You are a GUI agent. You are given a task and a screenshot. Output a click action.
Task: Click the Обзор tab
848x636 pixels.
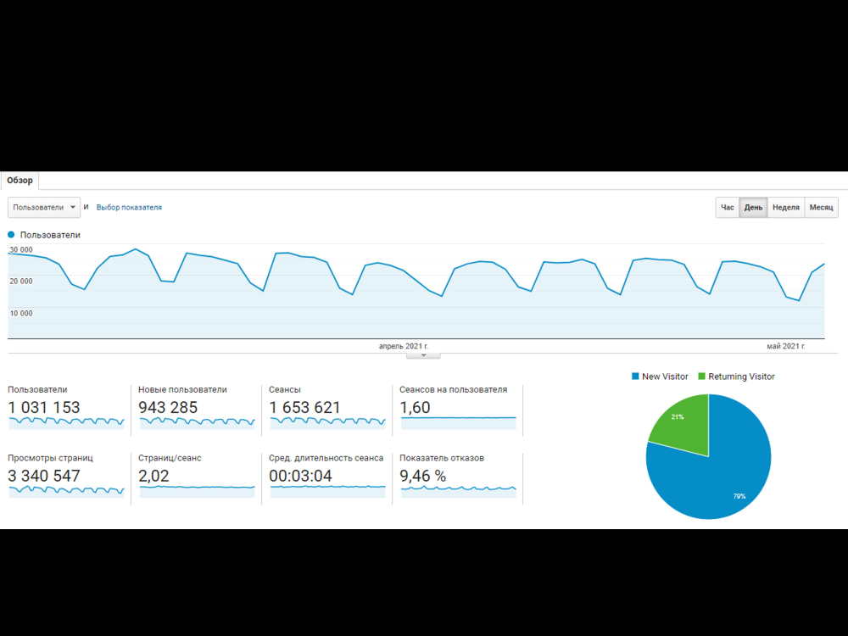pos(20,181)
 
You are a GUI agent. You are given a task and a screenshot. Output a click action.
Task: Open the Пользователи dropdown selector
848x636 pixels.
pos(44,207)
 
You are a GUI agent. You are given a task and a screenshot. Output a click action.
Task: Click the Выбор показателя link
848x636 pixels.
pos(129,207)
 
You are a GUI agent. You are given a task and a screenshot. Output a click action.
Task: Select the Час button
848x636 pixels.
pos(728,207)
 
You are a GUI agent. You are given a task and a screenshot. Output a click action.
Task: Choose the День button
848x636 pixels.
pos(753,207)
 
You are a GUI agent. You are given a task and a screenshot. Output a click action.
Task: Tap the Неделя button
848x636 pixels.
pos(786,207)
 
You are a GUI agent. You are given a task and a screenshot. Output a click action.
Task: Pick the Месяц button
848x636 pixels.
pos(822,207)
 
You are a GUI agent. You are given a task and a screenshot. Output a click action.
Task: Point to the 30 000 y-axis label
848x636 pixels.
pos(21,250)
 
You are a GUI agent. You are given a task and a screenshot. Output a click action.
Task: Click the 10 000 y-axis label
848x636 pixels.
pos(21,313)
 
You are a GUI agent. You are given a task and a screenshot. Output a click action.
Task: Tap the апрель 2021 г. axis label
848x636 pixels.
pos(404,346)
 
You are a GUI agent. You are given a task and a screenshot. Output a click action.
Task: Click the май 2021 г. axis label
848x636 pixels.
pos(786,346)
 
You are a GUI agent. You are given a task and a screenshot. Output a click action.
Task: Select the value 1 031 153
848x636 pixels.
pos(44,407)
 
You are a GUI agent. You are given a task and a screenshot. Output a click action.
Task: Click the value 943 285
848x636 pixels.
pos(168,407)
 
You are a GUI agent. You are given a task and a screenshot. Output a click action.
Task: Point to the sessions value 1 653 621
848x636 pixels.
pos(304,407)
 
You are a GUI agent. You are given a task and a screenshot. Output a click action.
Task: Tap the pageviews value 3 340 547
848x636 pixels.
pos(44,476)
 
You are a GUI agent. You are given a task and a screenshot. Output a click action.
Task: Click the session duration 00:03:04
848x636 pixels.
pos(300,476)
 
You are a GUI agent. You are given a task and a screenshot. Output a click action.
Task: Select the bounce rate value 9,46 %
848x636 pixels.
pos(423,476)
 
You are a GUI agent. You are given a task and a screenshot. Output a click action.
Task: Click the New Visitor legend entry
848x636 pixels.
pos(660,377)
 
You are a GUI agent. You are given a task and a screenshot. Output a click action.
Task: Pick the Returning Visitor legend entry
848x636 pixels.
pos(737,377)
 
